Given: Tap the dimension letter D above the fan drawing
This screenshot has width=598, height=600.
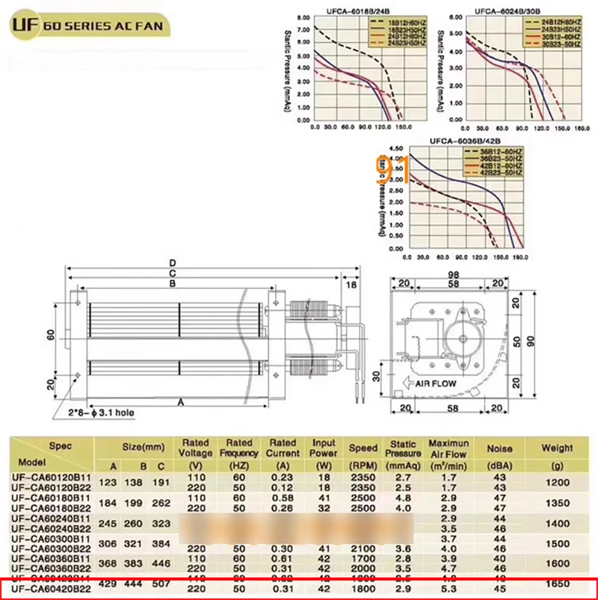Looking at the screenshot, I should point(172,262).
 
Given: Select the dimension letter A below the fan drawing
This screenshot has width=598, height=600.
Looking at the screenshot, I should point(180,402).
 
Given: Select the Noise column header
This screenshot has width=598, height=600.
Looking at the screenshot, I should point(500,448).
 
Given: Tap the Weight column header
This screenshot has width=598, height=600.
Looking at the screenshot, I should point(557,448).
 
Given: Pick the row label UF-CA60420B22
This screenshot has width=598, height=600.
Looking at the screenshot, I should point(51,589).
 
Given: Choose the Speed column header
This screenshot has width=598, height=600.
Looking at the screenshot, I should point(364,448).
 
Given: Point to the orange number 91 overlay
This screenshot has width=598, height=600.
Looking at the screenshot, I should point(392,170).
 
